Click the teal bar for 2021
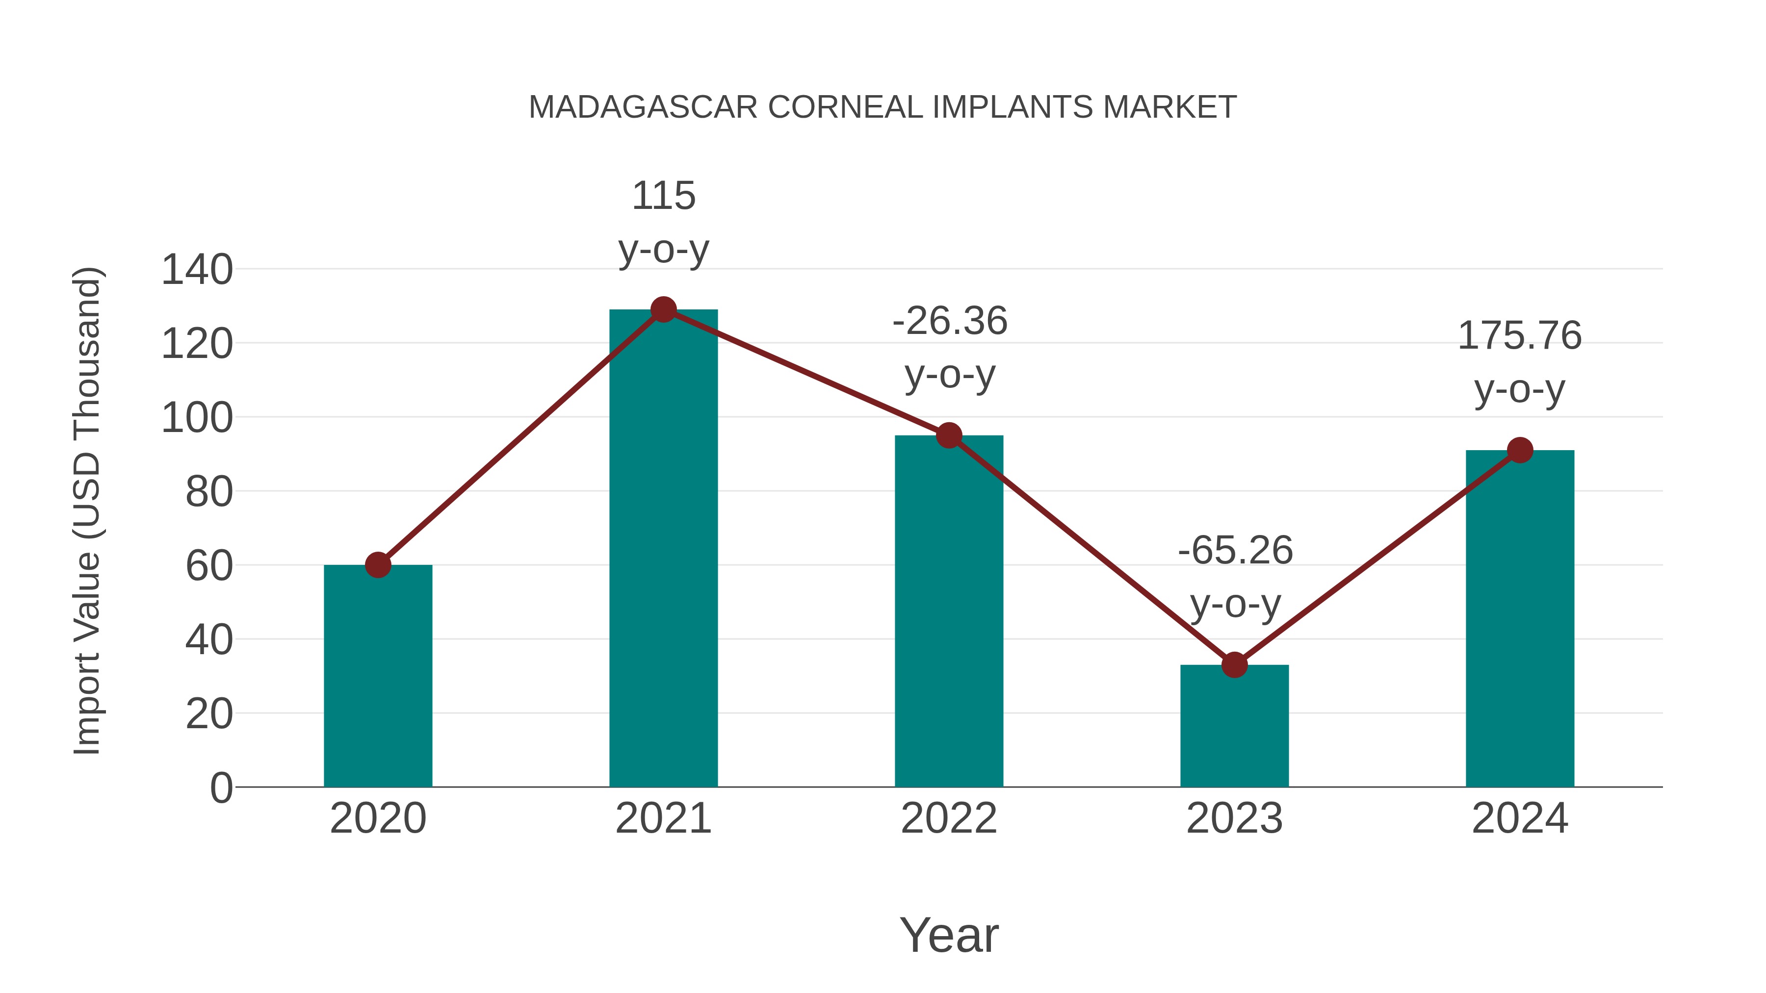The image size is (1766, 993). tap(663, 548)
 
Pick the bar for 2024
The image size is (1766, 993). tap(1519, 618)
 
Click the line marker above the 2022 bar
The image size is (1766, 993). tap(949, 435)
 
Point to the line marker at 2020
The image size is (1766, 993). tap(378, 565)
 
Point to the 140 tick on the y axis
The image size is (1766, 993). tap(197, 269)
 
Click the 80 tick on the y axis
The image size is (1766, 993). tap(209, 491)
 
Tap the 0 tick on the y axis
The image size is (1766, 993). tap(221, 788)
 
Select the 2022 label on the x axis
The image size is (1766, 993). tap(949, 818)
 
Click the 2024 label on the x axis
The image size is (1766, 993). tap(1519, 818)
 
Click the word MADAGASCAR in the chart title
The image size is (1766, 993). tap(642, 107)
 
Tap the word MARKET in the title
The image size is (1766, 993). tap(1169, 107)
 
